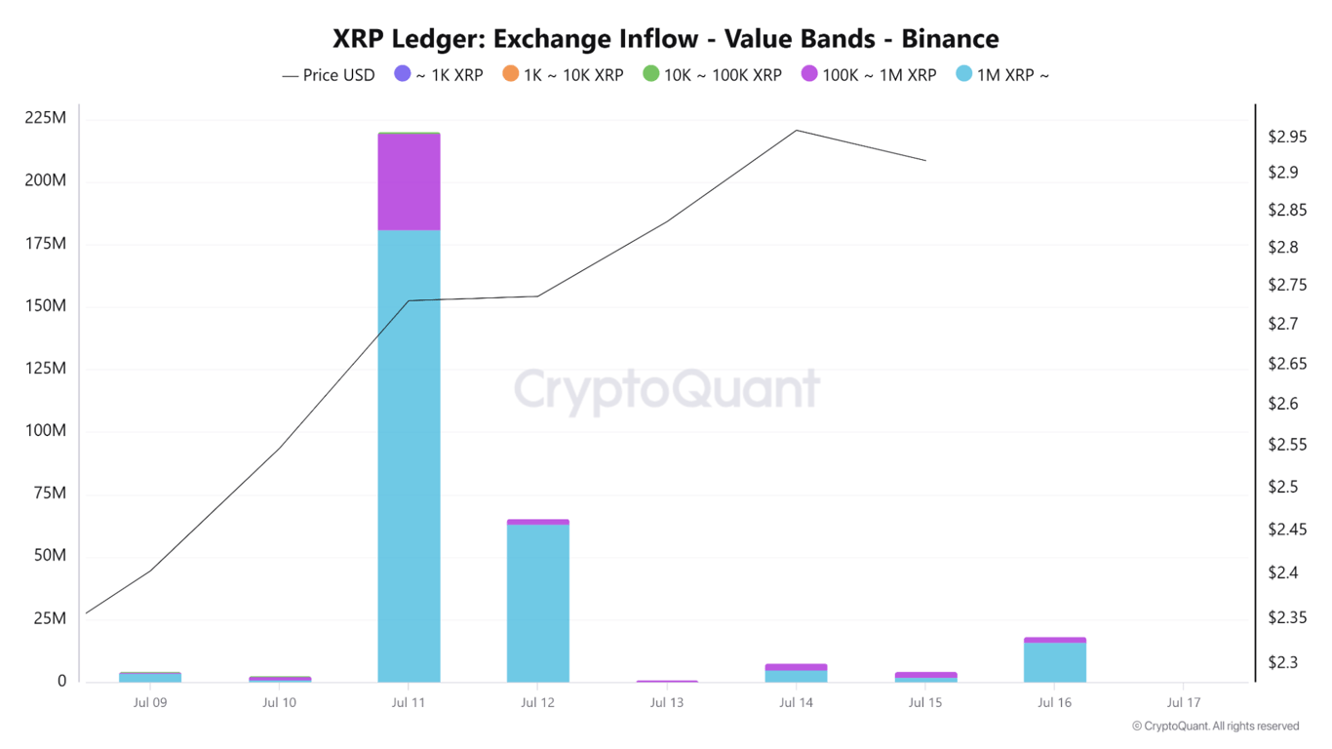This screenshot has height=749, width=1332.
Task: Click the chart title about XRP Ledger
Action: tap(666, 39)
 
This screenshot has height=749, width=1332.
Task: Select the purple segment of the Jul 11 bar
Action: tap(409, 181)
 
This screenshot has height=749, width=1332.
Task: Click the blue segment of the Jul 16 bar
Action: tap(1054, 662)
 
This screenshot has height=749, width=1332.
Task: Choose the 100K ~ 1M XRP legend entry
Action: tap(868, 75)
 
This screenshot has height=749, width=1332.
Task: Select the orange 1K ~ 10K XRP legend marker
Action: tap(511, 74)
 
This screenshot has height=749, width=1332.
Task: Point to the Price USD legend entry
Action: tap(329, 75)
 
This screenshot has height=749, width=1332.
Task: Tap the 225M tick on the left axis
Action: tap(45, 118)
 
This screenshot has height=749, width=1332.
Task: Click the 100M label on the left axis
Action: tap(45, 431)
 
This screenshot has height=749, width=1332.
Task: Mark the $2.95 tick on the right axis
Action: tap(1287, 138)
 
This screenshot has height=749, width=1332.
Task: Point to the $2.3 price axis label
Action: tap(1282, 663)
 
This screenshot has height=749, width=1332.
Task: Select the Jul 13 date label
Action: tap(667, 702)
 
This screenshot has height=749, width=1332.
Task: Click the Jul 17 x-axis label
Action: tap(1183, 702)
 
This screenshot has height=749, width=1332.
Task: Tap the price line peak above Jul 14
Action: tap(797, 130)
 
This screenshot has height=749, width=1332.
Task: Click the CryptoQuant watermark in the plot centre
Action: tap(666, 388)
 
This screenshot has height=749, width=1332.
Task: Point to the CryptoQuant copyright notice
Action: tap(1215, 727)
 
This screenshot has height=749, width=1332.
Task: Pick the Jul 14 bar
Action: tap(797, 673)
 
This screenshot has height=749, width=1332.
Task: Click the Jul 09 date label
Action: tap(150, 702)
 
